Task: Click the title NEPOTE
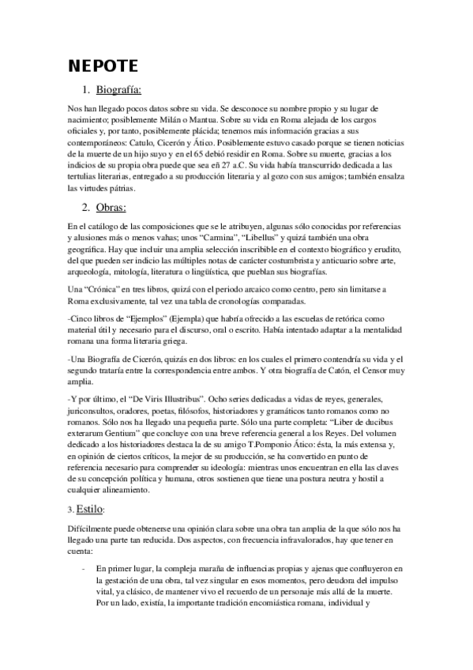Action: [101, 64]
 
